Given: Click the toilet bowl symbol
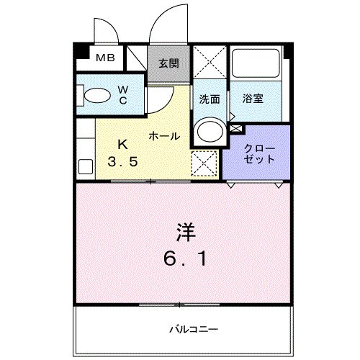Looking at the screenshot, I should (x=94, y=95).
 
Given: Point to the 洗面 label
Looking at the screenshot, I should (x=209, y=99).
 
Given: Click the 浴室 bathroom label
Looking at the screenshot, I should (x=252, y=99).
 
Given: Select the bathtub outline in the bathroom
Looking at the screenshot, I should (x=258, y=66).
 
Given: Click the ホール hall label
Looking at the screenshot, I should (x=164, y=135).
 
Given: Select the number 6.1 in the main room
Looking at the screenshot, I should (x=185, y=257).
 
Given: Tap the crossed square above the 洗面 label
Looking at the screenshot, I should (x=210, y=64).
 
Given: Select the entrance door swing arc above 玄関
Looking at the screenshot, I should (x=167, y=25).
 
